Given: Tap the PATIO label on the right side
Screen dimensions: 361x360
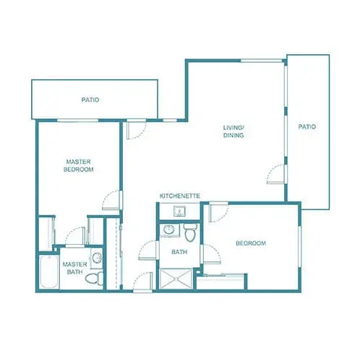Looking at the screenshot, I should [x=307, y=127].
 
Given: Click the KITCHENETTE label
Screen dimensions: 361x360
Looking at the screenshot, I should [x=179, y=196].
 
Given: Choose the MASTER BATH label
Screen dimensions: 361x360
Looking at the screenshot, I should [x=74, y=268].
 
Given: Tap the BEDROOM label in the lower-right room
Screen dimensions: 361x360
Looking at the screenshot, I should [x=251, y=243].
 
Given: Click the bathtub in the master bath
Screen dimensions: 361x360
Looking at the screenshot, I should [x=49, y=272].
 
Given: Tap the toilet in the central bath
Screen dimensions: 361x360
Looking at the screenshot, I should [x=190, y=232].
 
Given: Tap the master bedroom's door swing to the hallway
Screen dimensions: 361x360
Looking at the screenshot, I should [x=111, y=199].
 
